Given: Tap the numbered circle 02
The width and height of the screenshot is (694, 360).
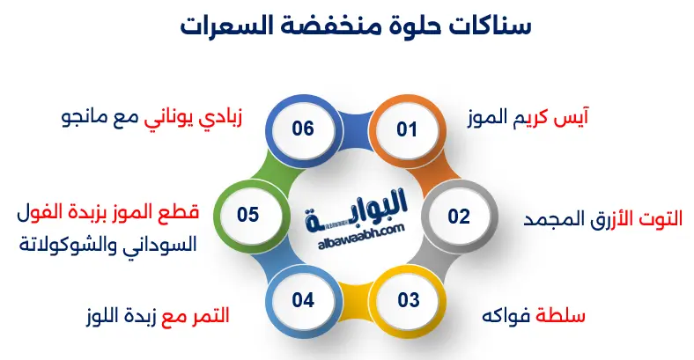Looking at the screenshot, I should coord(458,216).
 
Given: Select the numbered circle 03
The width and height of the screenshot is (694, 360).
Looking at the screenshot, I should coord(408,300).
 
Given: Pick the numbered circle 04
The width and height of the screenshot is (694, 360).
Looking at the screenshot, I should coord(303,300).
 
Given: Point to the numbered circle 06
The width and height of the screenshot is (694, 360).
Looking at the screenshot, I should coord(303,129).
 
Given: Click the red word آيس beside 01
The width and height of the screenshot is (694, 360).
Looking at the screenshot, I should coord(572,118).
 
